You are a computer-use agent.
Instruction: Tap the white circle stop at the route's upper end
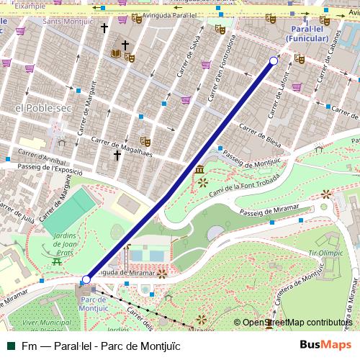click(274, 61)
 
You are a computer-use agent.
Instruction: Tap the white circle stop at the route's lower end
click(86, 279)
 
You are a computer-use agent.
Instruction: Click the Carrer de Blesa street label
click(259, 132)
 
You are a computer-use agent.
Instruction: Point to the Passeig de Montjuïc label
click(251, 161)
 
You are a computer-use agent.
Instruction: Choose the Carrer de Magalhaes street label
click(115, 137)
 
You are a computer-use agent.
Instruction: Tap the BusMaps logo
click(325, 345)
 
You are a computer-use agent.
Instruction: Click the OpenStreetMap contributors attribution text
click(297, 323)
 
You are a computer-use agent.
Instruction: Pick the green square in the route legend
click(10, 346)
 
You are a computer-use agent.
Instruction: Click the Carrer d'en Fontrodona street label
click(220, 70)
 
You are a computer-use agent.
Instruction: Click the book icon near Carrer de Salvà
click(115, 53)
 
